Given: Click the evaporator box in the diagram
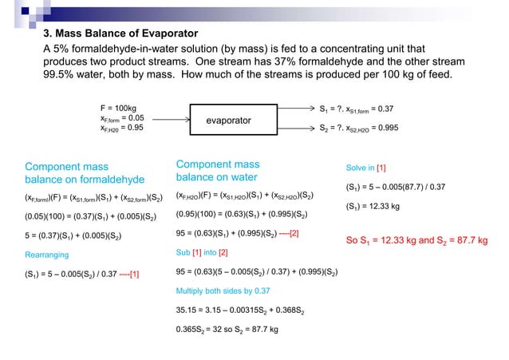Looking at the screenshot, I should point(229,120).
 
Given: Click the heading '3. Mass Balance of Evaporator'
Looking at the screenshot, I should point(120,34).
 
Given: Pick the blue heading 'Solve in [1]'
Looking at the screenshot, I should point(366,168).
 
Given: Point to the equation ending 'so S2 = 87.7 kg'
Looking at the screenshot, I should point(227,329).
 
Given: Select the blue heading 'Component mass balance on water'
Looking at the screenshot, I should point(217,170).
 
